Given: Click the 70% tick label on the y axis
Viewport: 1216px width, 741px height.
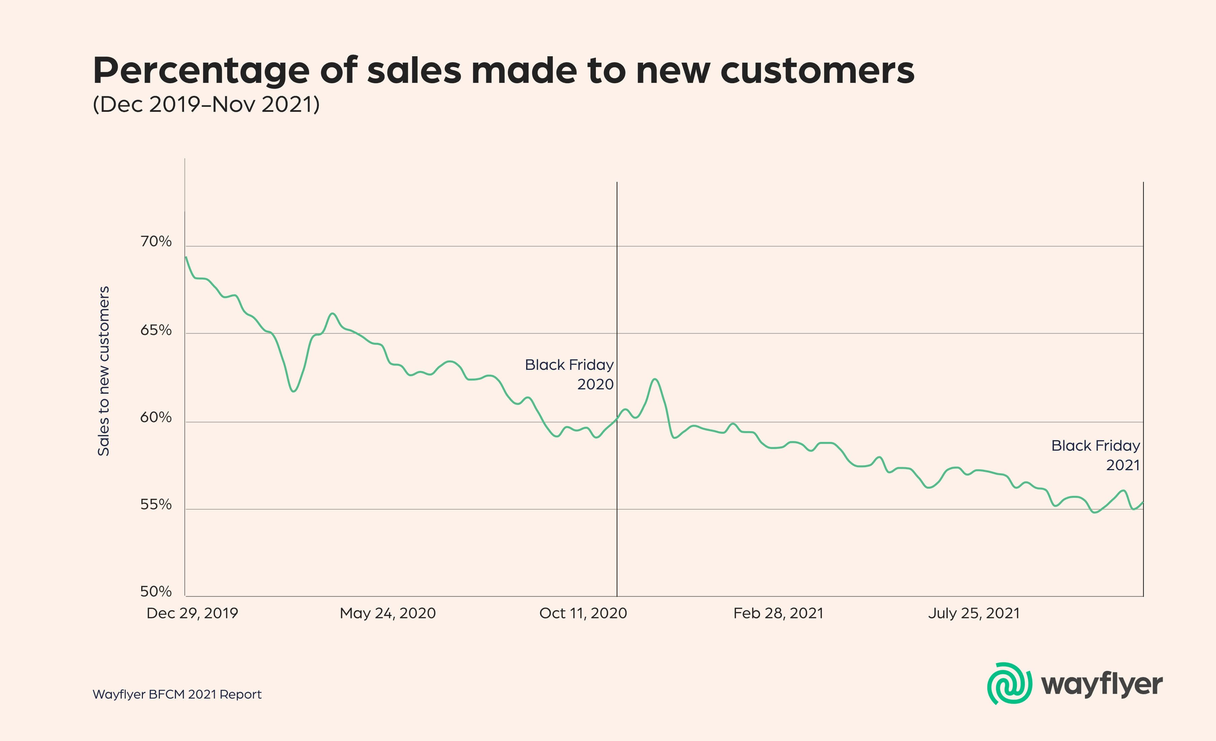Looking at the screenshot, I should pos(156,242).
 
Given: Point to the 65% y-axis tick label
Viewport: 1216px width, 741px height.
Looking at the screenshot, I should pos(156,330).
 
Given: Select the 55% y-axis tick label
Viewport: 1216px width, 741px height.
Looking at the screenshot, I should pos(156,505).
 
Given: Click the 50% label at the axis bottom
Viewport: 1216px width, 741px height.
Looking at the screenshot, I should pos(156,591).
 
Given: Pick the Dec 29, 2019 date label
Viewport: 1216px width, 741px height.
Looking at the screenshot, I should pos(192,613).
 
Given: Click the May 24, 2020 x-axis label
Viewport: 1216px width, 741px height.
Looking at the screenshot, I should pos(388,613).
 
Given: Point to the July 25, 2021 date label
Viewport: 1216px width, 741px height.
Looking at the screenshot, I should pos(974,613).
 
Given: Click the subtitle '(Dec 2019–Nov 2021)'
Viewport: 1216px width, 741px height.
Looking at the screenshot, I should pos(206,105).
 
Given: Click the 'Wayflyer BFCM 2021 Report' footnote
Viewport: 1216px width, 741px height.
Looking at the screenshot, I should pos(177,695).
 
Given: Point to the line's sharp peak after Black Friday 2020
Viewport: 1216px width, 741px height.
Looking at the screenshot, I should pos(655,379).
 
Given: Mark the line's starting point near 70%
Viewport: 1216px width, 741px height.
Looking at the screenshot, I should pos(186,257).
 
